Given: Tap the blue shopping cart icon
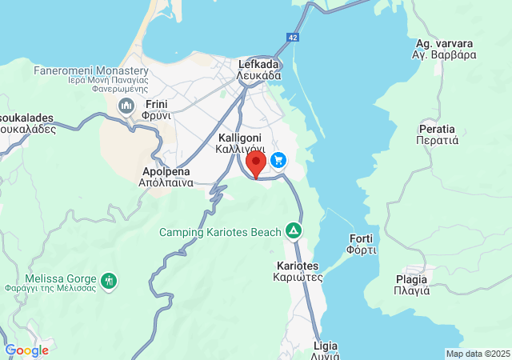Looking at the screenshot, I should click(278, 160).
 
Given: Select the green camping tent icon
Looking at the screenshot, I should click(294, 232).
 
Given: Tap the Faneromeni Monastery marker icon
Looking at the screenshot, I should click(126, 106).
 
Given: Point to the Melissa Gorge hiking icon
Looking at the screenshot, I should click(110, 281).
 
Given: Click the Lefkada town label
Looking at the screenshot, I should click(258, 70).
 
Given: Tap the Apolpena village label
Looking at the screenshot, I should click(167, 176).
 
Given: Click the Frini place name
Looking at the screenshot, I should click(158, 109).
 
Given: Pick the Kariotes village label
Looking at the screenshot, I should click(298, 271).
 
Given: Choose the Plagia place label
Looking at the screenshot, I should click(412, 285).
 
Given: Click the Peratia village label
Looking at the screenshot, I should click(437, 134).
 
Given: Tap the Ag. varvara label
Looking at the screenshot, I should click(445, 49).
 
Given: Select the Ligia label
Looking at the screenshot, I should click(326, 350).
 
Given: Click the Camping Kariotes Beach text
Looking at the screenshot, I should click(220, 232).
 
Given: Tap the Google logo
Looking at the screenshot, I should click(26, 350).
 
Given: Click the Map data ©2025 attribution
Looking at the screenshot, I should click(478, 354).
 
